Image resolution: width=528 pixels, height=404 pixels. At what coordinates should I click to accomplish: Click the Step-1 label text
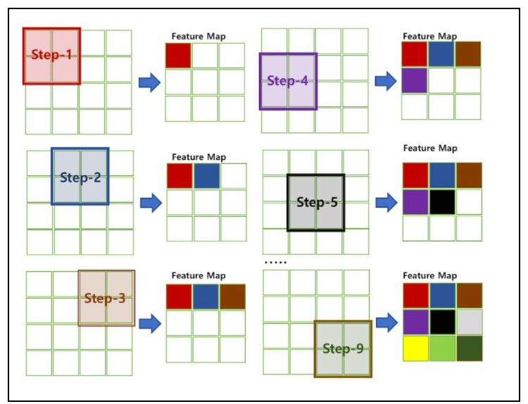pos(51,54)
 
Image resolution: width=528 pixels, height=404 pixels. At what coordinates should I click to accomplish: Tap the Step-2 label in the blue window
pos(80,177)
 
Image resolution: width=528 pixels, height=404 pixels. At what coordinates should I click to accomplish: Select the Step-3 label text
pos(105,298)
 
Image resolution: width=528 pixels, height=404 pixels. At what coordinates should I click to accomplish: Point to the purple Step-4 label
pos(288,80)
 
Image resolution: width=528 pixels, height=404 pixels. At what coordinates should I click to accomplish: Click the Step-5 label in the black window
pos(317,202)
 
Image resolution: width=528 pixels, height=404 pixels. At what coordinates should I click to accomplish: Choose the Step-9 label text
pos(344,348)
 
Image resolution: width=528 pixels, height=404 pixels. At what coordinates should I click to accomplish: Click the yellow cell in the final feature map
pos(415,348)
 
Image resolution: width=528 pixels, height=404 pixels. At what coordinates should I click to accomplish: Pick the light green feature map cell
pos(442,348)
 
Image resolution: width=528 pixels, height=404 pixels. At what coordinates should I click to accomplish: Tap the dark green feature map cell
pos(468,348)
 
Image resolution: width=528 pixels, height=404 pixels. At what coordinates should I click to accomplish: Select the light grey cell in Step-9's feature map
pos(468,322)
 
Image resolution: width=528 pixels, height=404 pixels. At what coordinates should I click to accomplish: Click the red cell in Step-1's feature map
pos(179,56)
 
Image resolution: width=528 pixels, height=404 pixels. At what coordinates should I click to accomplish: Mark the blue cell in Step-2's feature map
pos(207,176)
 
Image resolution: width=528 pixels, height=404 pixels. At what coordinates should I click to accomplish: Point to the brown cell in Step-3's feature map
pos(232,296)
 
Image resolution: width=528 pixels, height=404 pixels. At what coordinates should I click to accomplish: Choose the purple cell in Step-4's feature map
pos(415,80)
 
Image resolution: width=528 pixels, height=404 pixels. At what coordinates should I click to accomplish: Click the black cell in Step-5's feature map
pos(442,202)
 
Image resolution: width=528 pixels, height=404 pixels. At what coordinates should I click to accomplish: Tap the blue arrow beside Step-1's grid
pos(149,82)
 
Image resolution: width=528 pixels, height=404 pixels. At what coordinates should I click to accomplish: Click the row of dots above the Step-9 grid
pos(275,262)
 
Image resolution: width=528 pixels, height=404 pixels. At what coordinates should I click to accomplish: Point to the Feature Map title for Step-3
pos(199,276)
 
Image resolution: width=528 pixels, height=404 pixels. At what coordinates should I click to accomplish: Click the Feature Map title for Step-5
pos(429,149)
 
